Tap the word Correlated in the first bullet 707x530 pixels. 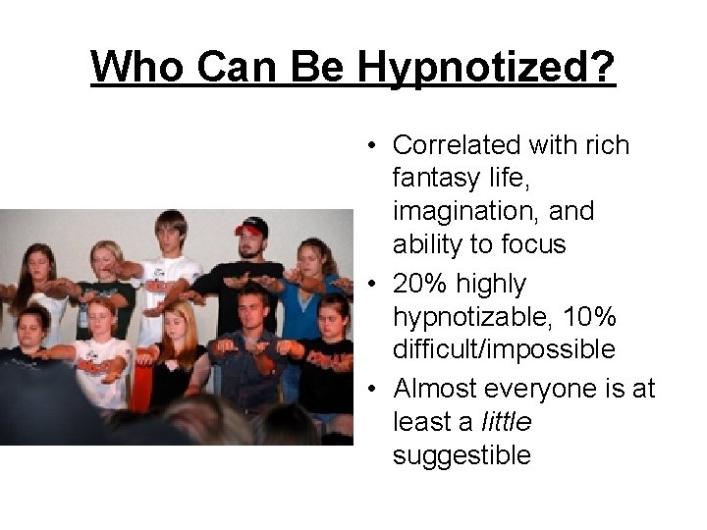pos(457,145)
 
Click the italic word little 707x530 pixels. pos(507,422)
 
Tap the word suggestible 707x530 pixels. pos(462,455)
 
